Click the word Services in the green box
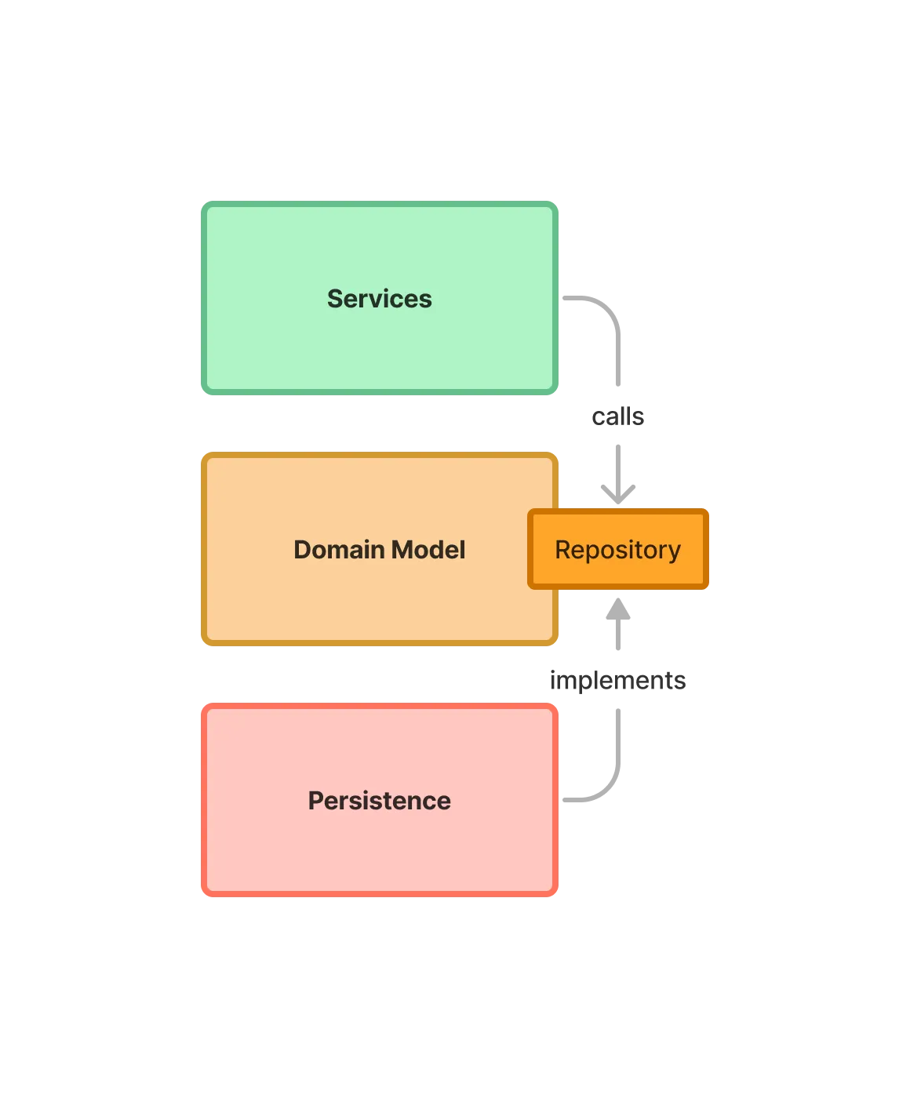click(379, 299)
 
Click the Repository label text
click(617, 550)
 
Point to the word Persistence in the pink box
click(379, 801)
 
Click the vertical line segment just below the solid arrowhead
click(618, 637)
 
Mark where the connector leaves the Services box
click(561, 298)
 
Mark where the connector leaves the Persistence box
click(561, 800)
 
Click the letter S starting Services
click(334, 299)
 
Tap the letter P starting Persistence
click(315, 801)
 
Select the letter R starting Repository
click(562, 550)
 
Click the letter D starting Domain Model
click(302, 550)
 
